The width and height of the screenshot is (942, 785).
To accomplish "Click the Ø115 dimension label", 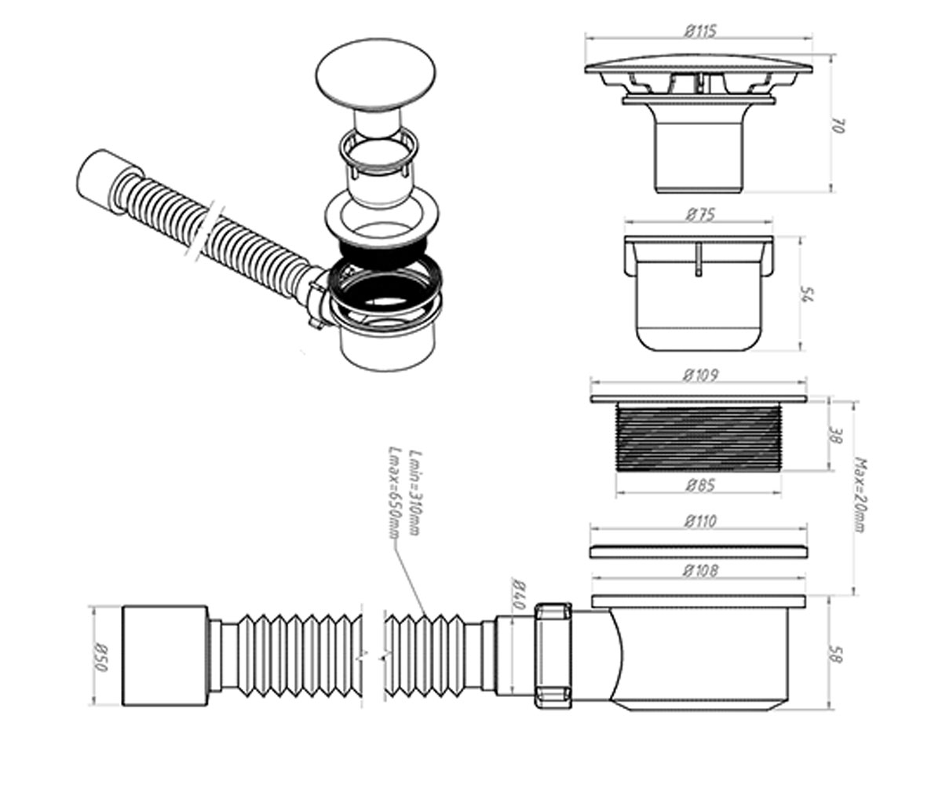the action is click(x=700, y=31).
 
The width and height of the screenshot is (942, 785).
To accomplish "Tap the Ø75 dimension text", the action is click(x=701, y=215).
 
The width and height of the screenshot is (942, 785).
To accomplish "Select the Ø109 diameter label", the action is click(x=701, y=375).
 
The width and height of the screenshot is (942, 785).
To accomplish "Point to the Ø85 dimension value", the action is click(x=700, y=486).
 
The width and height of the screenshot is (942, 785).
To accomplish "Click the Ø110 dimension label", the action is click(x=700, y=521).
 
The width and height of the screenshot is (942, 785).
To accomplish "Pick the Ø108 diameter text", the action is click(x=700, y=571).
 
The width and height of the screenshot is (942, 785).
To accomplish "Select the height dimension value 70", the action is click(x=838, y=126).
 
